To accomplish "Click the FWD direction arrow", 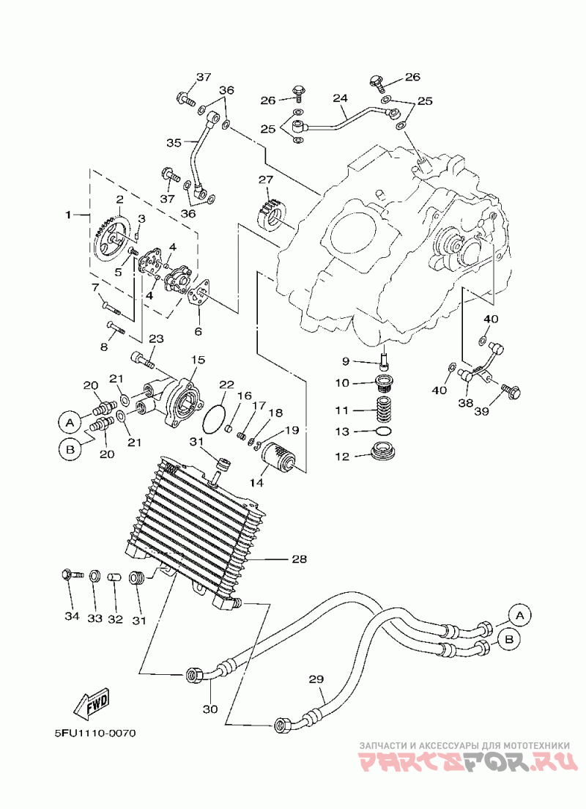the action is click(x=93, y=702).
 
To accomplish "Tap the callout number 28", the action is click(x=299, y=559).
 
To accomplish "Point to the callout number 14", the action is click(x=256, y=483).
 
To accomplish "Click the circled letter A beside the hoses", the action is click(x=520, y=615).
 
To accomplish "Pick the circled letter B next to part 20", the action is click(x=70, y=449).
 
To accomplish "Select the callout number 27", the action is click(x=265, y=180).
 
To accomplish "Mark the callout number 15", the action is click(x=199, y=360).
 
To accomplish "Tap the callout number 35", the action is click(x=174, y=142).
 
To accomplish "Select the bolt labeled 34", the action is click(x=72, y=575).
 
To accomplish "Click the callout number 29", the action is click(x=316, y=679).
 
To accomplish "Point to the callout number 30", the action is click(x=210, y=709).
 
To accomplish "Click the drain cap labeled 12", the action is click(x=385, y=450).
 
